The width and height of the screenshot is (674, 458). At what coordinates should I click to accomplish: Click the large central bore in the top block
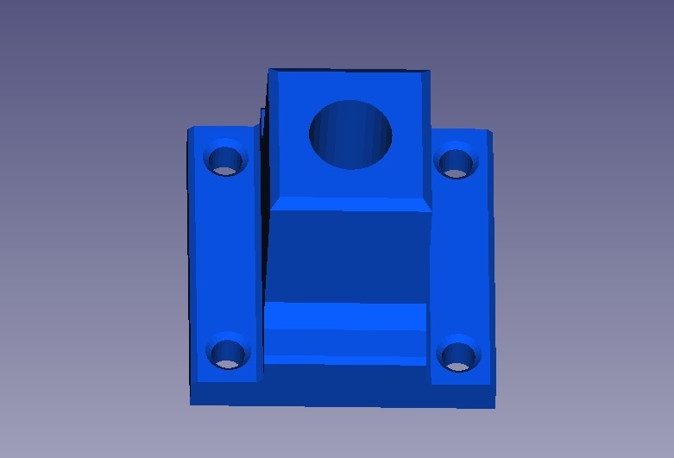pyautogui.click(x=350, y=135)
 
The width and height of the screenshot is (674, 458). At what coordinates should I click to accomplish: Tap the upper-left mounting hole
pyautogui.click(x=225, y=160)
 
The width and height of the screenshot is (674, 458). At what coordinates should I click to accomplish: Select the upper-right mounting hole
pyautogui.click(x=456, y=162)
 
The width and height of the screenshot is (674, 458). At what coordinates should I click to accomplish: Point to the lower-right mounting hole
pyautogui.click(x=457, y=354)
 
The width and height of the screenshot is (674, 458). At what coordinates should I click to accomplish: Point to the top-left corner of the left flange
pyautogui.click(x=190, y=129)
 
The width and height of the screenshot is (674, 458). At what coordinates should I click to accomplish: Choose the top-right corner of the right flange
pyautogui.click(x=489, y=132)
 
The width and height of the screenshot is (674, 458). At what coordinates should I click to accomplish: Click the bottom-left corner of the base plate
pyautogui.click(x=192, y=403)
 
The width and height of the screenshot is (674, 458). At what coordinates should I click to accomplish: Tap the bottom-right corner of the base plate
pyautogui.click(x=494, y=407)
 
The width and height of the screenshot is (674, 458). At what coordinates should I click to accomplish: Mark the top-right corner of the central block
pyautogui.click(x=428, y=72)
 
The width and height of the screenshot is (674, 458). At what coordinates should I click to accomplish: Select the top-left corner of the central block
pyautogui.click(x=270, y=70)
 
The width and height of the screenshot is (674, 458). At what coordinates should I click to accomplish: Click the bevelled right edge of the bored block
pyautogui.click(x=426, y=138)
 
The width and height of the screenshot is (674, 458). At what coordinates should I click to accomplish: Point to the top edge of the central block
pyautogui.click(x=350, y=71)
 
